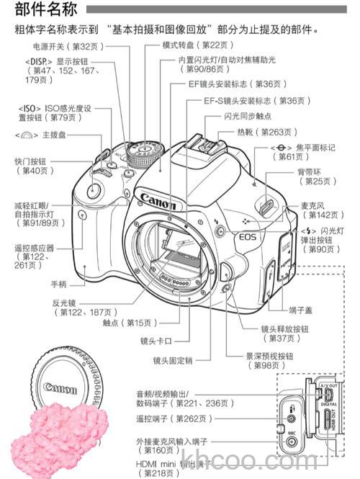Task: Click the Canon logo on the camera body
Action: pyautogui.click(x=158, y=197)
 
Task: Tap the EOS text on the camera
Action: pyautogui.click(x=247, y=236)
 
